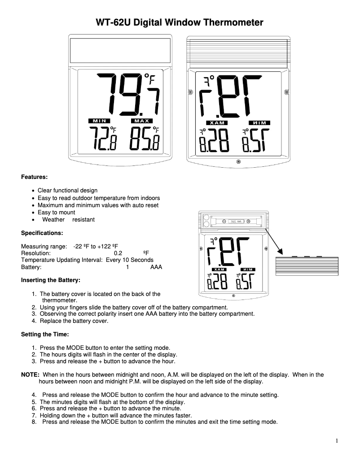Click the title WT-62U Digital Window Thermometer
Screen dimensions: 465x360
(180, 22)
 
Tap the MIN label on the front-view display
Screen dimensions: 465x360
(98, 121)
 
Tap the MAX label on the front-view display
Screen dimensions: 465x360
(142, 121)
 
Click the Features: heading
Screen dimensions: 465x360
(35, 177)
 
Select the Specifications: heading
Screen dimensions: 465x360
(42, 233)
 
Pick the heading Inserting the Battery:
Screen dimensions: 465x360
(51, 280)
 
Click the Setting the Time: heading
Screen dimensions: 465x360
(45, 334)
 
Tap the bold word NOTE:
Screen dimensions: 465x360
(31, 374)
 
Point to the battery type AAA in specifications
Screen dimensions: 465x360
(156, 267)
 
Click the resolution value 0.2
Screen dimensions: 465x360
(118, 253)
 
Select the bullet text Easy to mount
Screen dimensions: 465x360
(57, 213)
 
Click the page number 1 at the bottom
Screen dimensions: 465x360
(337, 441)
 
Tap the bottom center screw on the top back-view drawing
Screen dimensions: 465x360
(238, 161)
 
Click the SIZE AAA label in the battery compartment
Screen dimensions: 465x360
(236, 222)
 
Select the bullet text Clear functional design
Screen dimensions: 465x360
(67, 191)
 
